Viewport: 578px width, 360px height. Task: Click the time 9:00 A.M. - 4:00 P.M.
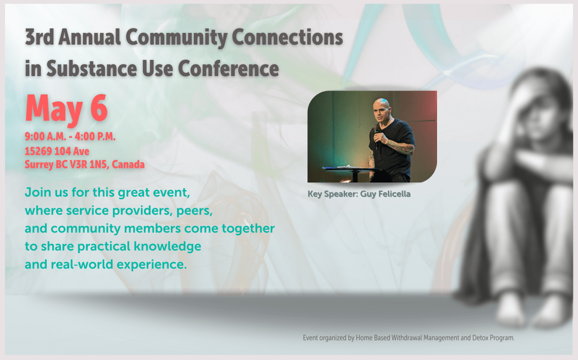(70, 137)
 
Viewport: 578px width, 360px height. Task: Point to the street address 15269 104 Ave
(57, 151)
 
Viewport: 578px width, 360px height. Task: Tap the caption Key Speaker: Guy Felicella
(358, 194)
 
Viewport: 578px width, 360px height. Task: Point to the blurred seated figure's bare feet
(532, 314)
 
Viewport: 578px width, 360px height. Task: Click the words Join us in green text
(43, 193)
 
